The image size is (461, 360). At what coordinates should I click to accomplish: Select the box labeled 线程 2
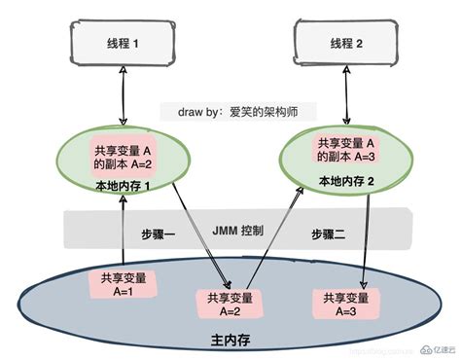(x=345, y=45)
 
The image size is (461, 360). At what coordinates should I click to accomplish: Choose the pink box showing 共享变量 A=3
(x=345, y=304)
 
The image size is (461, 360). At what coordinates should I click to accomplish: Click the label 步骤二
(x=329, y=234)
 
